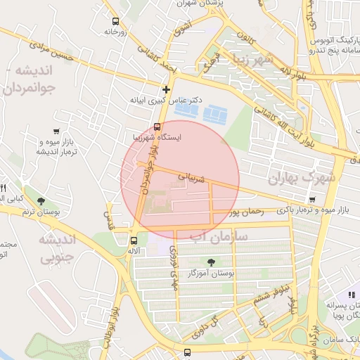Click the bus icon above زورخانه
[x=115, y=21]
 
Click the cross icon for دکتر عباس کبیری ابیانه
[x=166, y=89]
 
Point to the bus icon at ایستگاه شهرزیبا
[x=156, y=127]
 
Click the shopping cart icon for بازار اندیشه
[x=56, y=131]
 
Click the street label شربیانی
[x=191, y=176]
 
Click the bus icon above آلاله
[x=134, y=240]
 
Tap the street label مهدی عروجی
[x=173, y=267]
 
